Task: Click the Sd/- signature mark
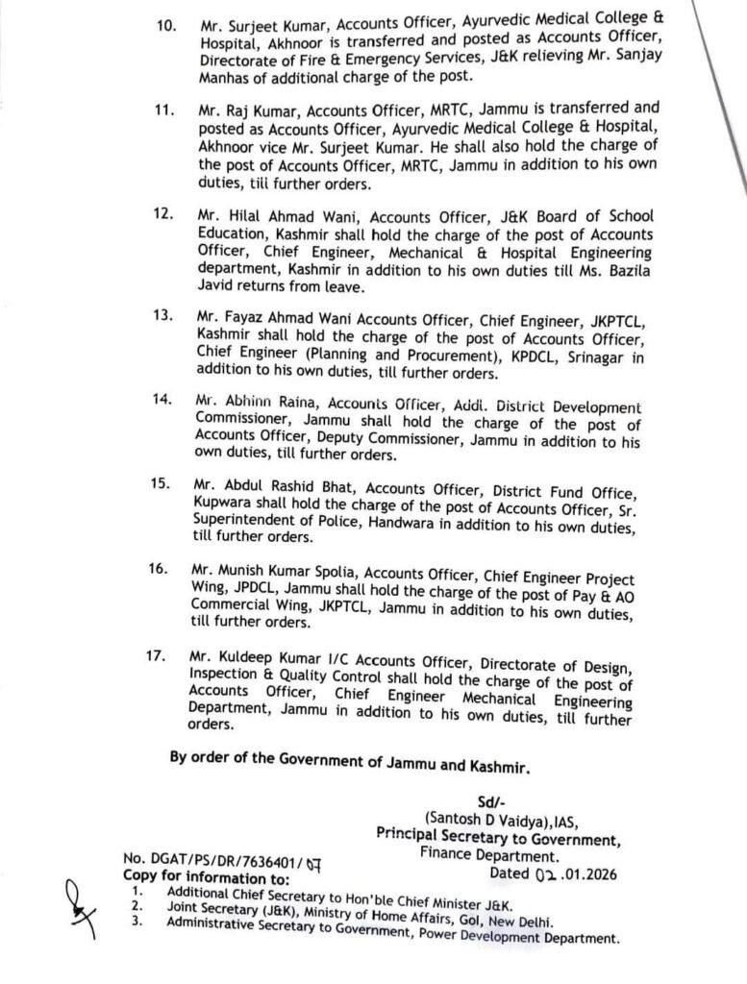tap(490, 799)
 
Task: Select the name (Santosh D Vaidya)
tap(477, 818)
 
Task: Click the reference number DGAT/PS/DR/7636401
tap(212, 857)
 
